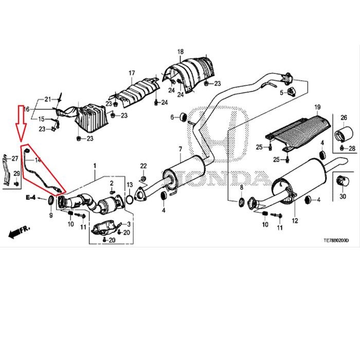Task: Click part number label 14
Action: click(x=37, y=160)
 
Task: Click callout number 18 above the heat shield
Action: click(x=181, y=52)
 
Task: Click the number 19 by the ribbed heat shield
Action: click(x=317, y=107)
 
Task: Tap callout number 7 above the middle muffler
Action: click(x=181, y=149)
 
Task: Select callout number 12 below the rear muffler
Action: click(x=295, y=221)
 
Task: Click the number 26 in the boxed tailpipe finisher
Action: click(x=344, y=118)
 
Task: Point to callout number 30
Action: click(x=343, y=197)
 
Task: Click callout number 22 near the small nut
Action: click(x=143, y=165)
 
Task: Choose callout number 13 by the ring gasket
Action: click(x=130, y=185)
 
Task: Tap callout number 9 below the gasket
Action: click(x=51, y=215)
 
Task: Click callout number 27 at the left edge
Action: click(x=14, y=158)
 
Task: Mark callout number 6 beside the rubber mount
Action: click(x=173, y=118)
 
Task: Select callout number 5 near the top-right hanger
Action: click(x=281, y=93)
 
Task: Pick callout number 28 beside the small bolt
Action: click(x=352, y=148)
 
